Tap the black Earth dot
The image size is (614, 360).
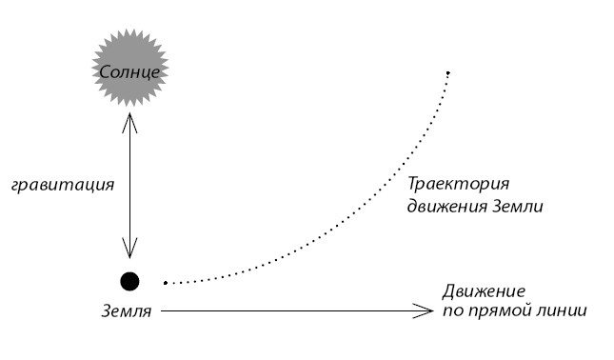click(129, 281)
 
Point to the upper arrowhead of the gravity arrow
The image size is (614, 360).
click(129, 117)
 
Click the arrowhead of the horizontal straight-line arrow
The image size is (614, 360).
click(426, 310)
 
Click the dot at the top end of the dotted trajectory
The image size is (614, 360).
click(447, 73)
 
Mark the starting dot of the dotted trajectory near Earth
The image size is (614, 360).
click(166, 283)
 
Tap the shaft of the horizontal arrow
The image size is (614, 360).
click(286, 310)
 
